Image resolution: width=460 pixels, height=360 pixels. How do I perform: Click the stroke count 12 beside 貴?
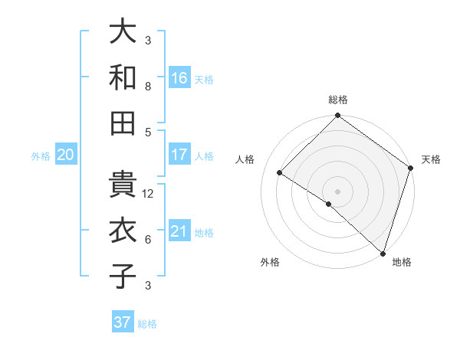[149, 194]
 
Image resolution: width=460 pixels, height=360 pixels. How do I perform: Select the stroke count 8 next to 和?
[148, 87]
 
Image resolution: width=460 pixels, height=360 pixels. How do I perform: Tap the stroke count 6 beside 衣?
[148, 240]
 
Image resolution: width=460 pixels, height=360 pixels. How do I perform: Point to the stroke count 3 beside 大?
[148, 41]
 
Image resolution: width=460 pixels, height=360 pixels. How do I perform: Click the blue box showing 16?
[179, 78]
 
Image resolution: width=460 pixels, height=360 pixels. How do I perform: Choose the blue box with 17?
[179, 155]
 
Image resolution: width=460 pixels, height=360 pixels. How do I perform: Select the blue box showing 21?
[179, 231]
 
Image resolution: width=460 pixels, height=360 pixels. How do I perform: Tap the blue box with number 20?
[65, 155]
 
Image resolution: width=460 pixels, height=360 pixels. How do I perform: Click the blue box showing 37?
[123, 322]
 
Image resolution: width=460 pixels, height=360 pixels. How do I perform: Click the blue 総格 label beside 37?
[147, 324]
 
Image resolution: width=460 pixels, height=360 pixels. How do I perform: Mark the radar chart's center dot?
[337, 191]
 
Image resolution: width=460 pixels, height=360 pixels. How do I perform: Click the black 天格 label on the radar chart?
[431, 159]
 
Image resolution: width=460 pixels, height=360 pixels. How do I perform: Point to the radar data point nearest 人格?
[280, 173]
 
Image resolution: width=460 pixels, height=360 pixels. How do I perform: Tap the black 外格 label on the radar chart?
[270, 263]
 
